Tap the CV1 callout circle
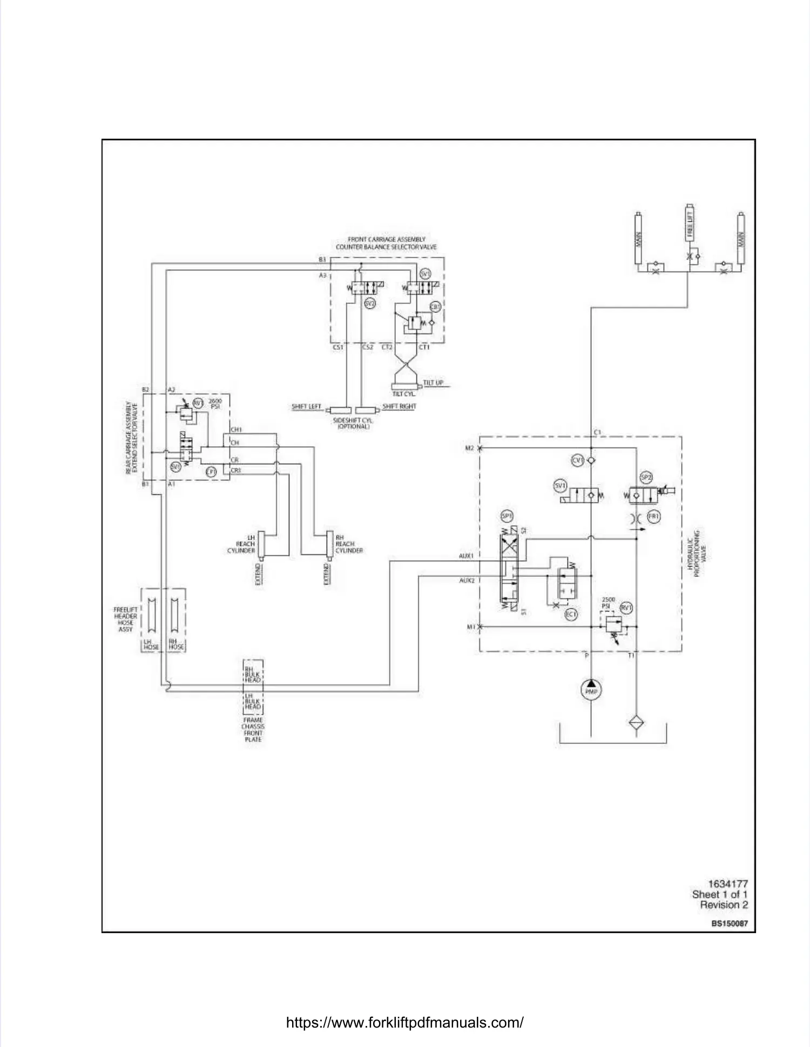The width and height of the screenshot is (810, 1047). point(578,460)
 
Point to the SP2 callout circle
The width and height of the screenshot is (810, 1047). point(646,477)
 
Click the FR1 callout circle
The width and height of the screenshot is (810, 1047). point(653,516)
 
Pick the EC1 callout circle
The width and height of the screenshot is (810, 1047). point(571,614)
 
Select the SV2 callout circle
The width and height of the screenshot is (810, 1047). point(370,304)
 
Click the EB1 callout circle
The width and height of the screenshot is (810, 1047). point(435,307)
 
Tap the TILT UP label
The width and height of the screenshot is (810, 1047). point(433,383)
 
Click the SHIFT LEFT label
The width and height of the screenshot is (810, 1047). point(306,406)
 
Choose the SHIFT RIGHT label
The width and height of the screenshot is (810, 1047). point(399,406)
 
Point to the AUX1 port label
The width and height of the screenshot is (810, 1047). point(466,556)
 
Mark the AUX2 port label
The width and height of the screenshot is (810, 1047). point(467,581)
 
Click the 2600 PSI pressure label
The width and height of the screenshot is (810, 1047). point(215,404)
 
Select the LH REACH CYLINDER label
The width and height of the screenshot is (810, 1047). point(241,544)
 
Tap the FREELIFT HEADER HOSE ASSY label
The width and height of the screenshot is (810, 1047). point(125,620)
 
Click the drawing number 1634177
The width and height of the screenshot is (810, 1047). point(727,884)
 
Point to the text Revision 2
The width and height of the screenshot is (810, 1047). point(724,905)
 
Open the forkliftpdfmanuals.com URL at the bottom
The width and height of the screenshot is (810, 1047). point(404,1022)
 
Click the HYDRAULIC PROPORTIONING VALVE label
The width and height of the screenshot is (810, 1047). point(697,553)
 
